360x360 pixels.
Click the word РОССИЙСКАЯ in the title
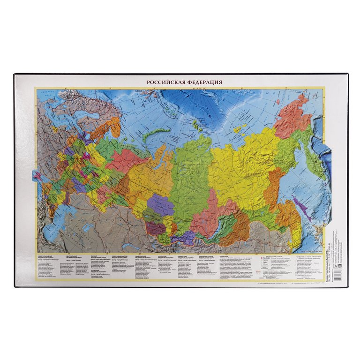coord(165,82)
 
